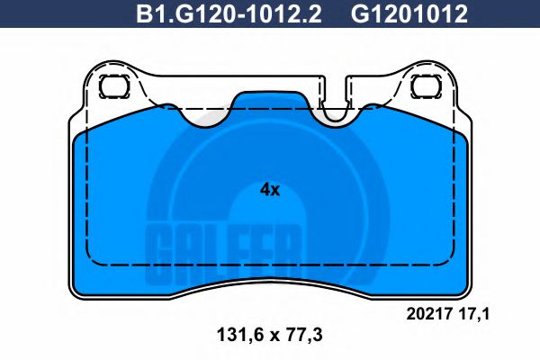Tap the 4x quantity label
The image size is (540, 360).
(x=270, y=190)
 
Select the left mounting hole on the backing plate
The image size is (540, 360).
(x=112, y=88)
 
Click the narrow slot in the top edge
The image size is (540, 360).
(x=336, y=99)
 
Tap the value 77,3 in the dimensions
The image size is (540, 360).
(x=301, y=336)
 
